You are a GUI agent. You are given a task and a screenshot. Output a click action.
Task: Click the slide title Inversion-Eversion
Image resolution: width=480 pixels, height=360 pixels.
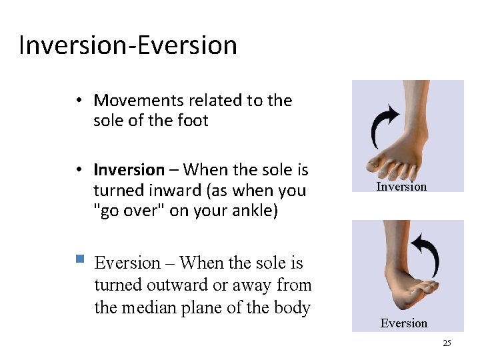click(x=128, y=45)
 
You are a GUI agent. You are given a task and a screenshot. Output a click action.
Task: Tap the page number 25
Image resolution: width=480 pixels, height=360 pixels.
click(x=447, y=343)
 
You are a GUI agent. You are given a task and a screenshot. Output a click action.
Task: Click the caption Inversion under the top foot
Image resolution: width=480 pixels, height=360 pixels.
click(x=401, y=187)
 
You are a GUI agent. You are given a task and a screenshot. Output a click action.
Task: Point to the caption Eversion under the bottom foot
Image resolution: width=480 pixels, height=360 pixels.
click(x=403, y=323)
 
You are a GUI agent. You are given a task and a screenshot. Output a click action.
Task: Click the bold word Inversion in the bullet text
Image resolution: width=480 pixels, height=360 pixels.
click(x=129, y=170)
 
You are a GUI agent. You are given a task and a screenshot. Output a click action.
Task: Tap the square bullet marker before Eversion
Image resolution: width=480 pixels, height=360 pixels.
click(x=79, y=258)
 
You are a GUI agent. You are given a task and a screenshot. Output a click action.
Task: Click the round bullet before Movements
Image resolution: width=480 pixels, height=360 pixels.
click(x=79, y=101)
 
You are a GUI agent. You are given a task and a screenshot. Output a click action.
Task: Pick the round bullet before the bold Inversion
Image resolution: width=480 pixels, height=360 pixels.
click(x=79, y=171)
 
